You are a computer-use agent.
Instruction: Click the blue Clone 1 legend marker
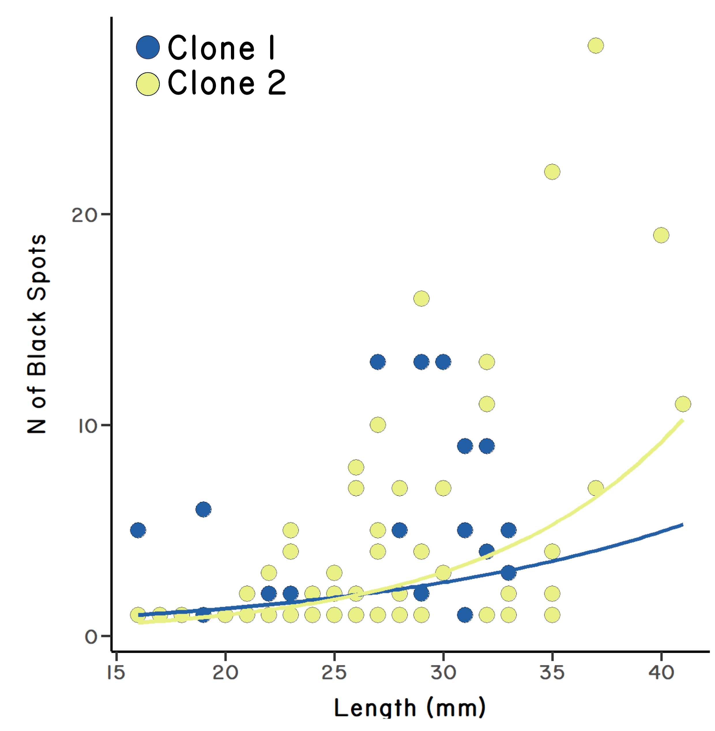tap(148, 48)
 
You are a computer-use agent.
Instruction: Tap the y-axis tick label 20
tap(84, 215)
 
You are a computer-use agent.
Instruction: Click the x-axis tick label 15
tap(116, 673)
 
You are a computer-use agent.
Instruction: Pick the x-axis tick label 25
tap(334, 673)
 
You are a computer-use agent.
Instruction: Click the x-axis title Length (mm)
tap(409, 708)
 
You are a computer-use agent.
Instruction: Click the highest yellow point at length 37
tap(596, 46)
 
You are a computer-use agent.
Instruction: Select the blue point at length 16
tap(138, 530)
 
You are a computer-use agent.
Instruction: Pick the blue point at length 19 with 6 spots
tap(204, 509)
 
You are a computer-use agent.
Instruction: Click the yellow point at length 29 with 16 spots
tap(421, 299)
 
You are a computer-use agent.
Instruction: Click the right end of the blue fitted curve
tap(682, 525)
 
